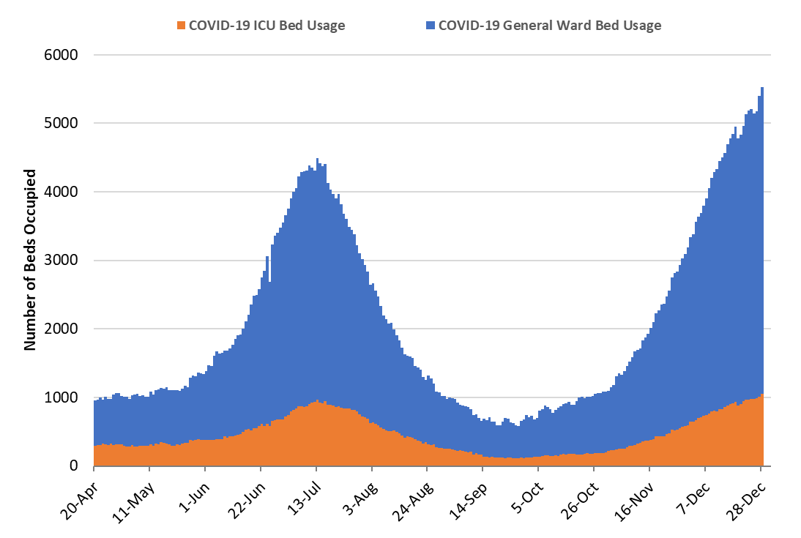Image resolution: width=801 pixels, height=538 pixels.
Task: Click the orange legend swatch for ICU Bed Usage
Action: (x=182, y=26)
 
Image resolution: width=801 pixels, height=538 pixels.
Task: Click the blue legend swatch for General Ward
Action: (x=431, y=26)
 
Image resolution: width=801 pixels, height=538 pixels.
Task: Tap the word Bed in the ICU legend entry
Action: (x=291, y=26)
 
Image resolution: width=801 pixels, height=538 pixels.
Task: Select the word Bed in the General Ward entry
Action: (x=607, y=26)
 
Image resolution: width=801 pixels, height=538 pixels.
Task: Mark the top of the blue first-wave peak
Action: (x=317, y=160)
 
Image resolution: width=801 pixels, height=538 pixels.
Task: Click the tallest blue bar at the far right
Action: (x=762, y=89)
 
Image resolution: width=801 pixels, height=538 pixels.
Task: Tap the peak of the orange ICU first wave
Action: (x=317, y=401)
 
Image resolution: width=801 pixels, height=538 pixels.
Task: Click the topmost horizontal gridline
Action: (x=432, y=55)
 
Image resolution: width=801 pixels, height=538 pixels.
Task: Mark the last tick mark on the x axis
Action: (x=761, y=469)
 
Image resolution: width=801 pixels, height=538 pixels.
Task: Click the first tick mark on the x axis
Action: (x=94, y=469)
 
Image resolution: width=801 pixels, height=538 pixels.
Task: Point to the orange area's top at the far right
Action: (x=762, y=395)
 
